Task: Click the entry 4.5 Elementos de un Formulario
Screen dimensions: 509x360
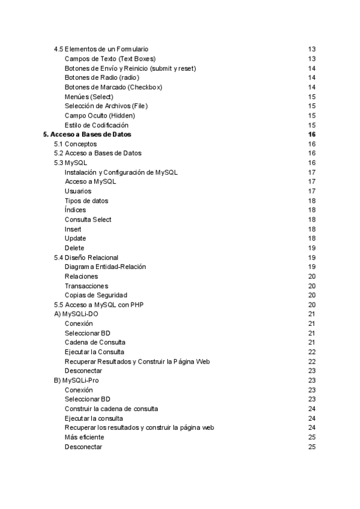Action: coord(101,49)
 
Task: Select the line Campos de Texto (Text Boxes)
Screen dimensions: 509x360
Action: coord(110,59)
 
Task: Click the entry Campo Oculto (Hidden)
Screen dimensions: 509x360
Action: coord(100,115)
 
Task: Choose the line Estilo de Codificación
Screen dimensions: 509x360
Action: coord(97,125)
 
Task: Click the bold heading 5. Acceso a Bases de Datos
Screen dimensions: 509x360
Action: coord(88,134)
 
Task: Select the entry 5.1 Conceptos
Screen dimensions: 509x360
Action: coord(75,144)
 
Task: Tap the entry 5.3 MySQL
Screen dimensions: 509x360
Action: coord(70,163)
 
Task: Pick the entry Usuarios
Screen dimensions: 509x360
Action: coord(78,191)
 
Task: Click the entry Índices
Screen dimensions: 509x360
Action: coord(75,210)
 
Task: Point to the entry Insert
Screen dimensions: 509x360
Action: coord(73,229)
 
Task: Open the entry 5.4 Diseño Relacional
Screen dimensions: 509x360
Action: coord(86,258)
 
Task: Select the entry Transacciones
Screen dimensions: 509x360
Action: coord(86,286)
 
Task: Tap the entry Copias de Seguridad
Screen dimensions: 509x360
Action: coord(95,295)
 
